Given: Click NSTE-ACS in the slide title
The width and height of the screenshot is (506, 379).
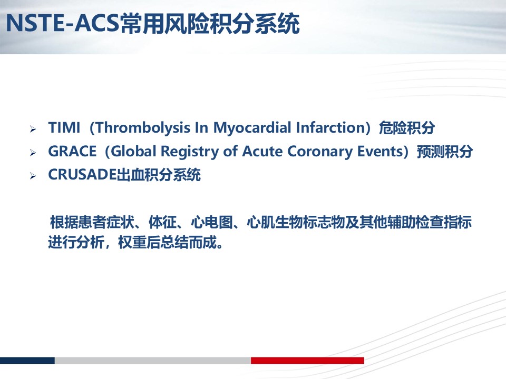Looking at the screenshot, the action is tap(63, 23).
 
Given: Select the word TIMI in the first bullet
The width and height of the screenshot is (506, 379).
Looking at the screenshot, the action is tap(64, 127).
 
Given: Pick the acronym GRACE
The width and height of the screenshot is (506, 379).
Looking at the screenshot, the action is tap(72, 152).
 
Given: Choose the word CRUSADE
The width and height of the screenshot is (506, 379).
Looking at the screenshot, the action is tap(82, 175).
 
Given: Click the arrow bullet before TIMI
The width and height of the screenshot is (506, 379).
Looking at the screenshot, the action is tap(33, 129).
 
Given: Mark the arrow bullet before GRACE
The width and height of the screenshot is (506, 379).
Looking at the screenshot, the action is tap(33, 153).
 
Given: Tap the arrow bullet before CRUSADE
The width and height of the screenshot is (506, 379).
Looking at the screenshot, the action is tap(33, 176).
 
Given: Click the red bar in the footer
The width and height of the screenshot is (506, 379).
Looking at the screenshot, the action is tap(307, 360).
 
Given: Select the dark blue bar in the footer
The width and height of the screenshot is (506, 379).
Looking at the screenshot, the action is tap(27, 360).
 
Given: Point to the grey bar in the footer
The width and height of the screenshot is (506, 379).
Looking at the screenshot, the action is tap(153, 360).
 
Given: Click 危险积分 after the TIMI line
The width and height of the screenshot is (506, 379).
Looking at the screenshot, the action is tap(406, 128).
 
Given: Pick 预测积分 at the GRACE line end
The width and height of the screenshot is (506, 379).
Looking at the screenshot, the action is tap(445, 152).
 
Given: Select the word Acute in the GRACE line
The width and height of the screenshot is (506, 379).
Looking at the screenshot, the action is tap(262, 152).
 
